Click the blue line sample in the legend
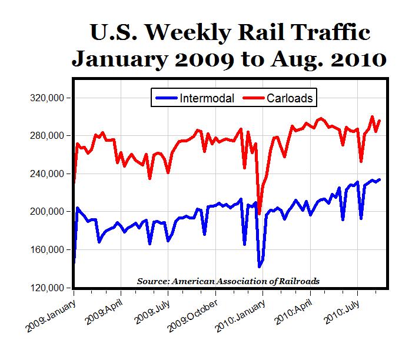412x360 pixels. click(x=166, y=98)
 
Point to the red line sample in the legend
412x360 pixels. click(x=253, y=98)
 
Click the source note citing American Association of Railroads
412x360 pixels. click(x=228, y=281)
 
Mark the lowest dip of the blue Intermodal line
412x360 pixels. click(x=259, y=266)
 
